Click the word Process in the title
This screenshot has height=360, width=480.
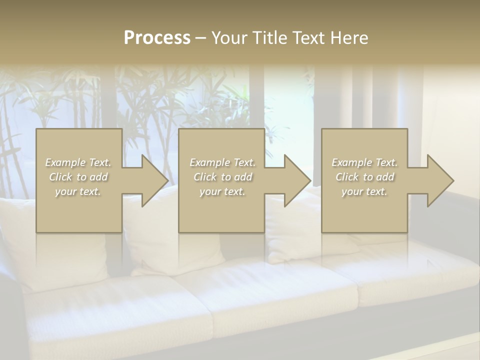[157, 38]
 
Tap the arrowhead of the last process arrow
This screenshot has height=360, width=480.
[439, 180]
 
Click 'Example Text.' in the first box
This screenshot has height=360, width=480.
[78, 162]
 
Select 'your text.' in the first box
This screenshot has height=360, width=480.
[78, 191]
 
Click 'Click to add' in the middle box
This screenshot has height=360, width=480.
[222, 177]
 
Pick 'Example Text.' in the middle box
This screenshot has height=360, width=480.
[222, 162]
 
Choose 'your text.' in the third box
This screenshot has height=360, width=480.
[364, 191]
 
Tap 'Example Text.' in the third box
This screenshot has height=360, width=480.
[364, 162]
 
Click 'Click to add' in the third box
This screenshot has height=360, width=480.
[364, 177]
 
